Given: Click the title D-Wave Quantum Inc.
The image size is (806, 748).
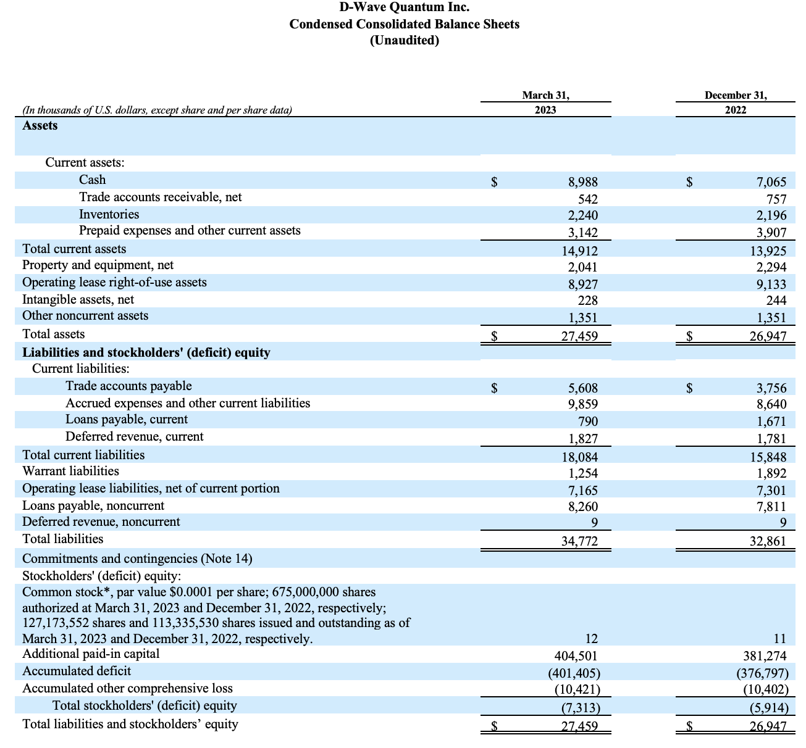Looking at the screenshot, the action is pyautogui.click(x=404, y=7).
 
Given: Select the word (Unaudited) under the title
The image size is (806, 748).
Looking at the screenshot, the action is pyautogui.click(x=404, y=40).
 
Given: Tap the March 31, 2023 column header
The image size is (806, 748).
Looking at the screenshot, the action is pyautogui.click(x=545, y=102).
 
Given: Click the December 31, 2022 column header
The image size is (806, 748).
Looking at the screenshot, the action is pyautogui.click(x=736, y=102).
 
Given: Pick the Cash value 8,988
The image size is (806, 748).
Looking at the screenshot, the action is pyautogui.click(x=583, y=182).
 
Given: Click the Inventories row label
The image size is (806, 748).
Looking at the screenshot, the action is pyautogui.click(x=109, y=214).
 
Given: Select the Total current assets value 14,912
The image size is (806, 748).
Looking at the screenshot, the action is pyautogui.click(x=579, y=251).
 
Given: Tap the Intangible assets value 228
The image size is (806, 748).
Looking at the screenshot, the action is pyautogui.click(x=587, y=300).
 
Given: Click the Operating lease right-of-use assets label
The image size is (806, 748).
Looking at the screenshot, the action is pyautogui.click(x=114, y=282).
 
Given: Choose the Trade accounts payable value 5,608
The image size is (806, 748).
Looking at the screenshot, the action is pyautogui.click(x=583, y=388).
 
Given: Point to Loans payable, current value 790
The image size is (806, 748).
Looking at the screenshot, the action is pyautogui.click(x=587, y=422).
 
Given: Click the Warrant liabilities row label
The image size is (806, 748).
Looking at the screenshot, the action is pyautogui.click(x=70, y=471).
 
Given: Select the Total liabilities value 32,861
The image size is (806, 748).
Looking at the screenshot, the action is pyautogui.click(x=768, y=541).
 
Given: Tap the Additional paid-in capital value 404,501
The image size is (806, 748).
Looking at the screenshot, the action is pyautogui.click(x=576, y=656).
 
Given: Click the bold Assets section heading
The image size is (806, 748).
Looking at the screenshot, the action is pyautogui.click(x=40, y=126).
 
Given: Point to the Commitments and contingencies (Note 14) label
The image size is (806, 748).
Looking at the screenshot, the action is pyautogui.click(x=137, y=559).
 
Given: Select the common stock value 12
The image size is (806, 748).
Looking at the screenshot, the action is pyautogui.click(x=591, y=639).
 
